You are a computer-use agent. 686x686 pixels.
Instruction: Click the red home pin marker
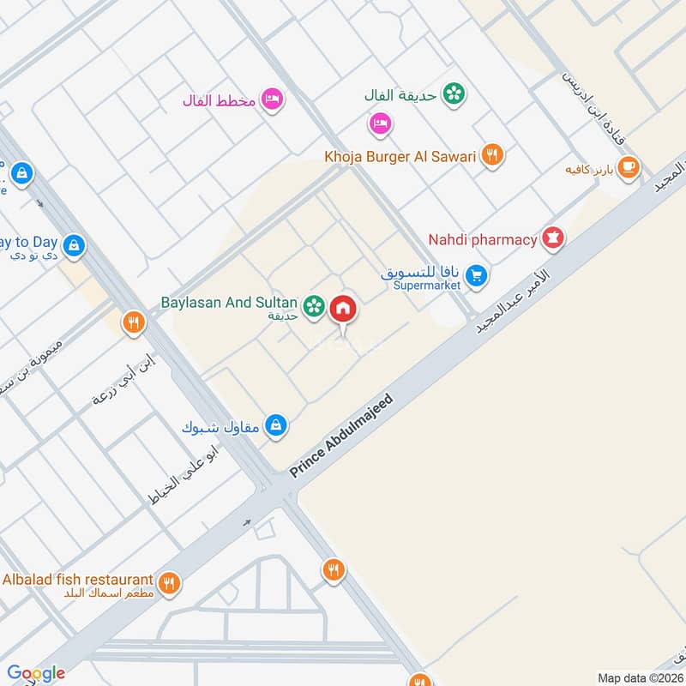point(343,307)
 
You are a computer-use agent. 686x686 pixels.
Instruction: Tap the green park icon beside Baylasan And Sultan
point(315,304)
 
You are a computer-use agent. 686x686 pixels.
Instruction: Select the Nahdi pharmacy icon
point(554,239)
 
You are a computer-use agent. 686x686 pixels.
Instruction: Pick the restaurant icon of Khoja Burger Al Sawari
point(491,155)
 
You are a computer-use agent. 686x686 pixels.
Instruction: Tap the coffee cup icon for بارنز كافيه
point(629,167)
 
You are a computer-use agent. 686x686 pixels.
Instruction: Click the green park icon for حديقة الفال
point(454,94)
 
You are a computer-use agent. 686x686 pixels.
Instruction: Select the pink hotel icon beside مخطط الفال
point(274,99)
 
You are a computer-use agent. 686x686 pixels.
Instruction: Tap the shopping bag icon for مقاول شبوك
point(275,425)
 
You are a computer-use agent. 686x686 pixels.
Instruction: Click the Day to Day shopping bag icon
point(74,245)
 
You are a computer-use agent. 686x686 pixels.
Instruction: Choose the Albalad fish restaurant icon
point(169,582)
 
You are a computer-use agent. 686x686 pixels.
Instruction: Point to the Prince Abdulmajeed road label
point(341,436)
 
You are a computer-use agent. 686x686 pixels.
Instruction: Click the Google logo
point(36,673)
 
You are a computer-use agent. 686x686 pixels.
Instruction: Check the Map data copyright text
point(641,677)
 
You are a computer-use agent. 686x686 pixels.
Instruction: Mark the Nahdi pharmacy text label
point(483,239)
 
